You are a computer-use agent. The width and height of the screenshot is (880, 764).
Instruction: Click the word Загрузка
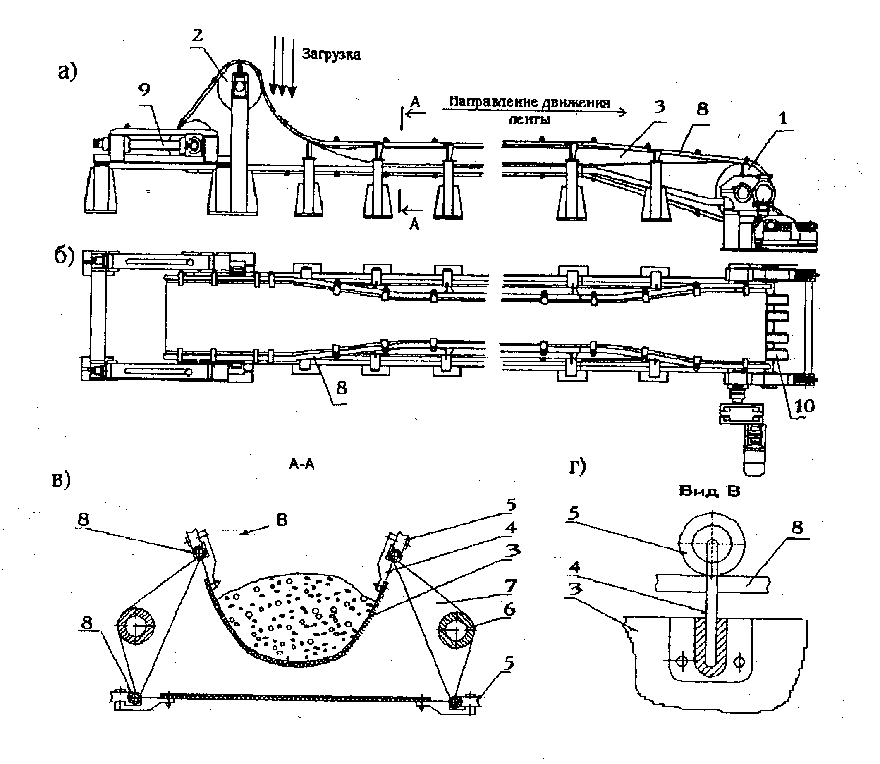coord(331,55)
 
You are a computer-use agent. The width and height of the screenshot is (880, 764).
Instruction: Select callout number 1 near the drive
coord(782,118)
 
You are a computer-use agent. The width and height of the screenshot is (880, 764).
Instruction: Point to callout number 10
coord(803,406)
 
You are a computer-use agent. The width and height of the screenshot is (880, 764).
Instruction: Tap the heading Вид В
coord(709,491)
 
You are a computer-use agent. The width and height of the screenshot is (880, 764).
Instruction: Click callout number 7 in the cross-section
coord(510,586)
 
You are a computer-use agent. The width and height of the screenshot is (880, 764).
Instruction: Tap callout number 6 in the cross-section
coord(509,610)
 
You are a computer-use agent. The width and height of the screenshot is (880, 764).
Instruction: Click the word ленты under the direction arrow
coord(528,119)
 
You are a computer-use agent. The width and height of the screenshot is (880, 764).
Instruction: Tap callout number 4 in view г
coord(574,568)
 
